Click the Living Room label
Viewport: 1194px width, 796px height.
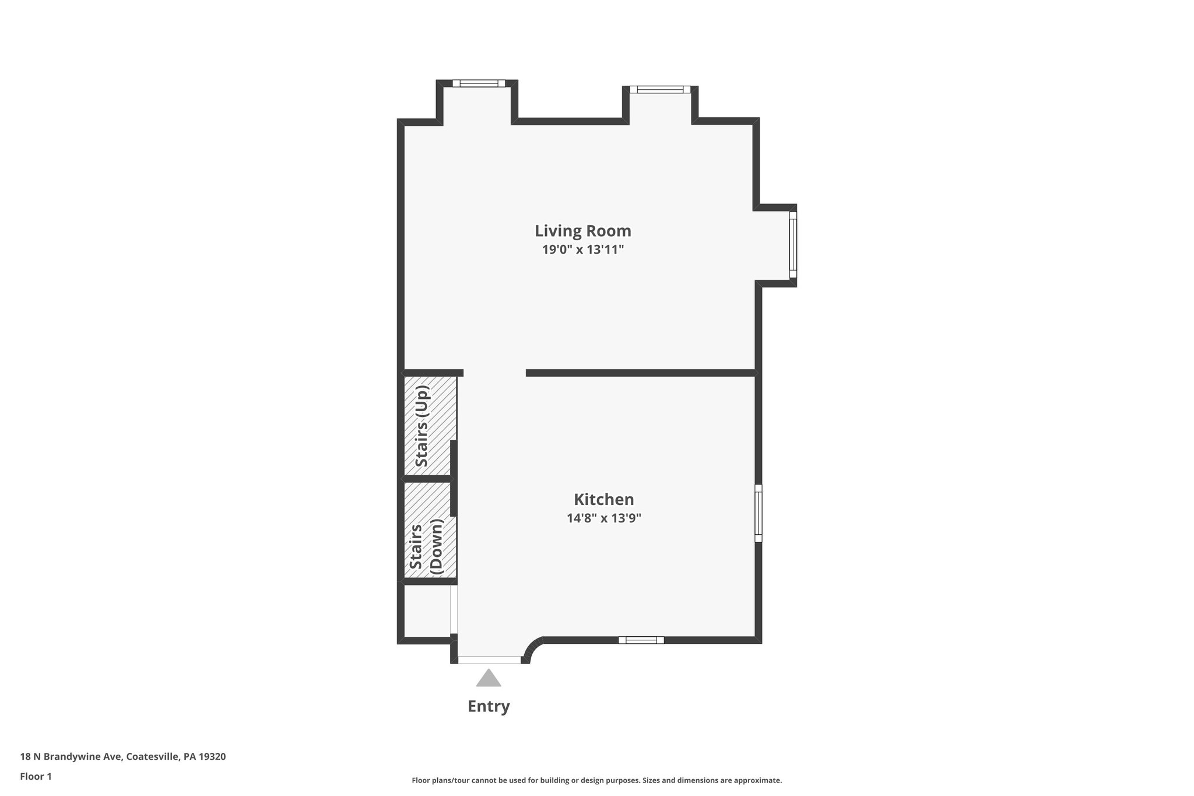coord(582,231)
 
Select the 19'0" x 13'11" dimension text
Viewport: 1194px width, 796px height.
coord(582,250)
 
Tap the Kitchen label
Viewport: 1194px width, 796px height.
coord(603,500)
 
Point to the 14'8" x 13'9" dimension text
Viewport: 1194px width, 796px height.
coord(603,518)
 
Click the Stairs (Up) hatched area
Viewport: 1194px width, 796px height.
coord(430,426)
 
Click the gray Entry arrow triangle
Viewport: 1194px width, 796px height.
coord(489,678)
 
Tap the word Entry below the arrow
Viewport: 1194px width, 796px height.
coord(489,707)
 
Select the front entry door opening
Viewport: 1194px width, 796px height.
coord(489,660)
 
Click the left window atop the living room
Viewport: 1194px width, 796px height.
coord(479,83)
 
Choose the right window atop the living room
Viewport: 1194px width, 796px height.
coord(659,89)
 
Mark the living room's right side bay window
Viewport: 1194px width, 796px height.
coord(793,244)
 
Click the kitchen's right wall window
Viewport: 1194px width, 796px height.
coord(758,513)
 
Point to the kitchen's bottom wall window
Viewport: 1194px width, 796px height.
coord(641,640)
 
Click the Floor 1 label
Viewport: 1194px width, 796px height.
coord(36,777)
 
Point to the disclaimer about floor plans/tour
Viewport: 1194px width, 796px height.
coord(596,780)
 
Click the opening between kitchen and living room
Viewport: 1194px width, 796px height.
coord(494,373)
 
